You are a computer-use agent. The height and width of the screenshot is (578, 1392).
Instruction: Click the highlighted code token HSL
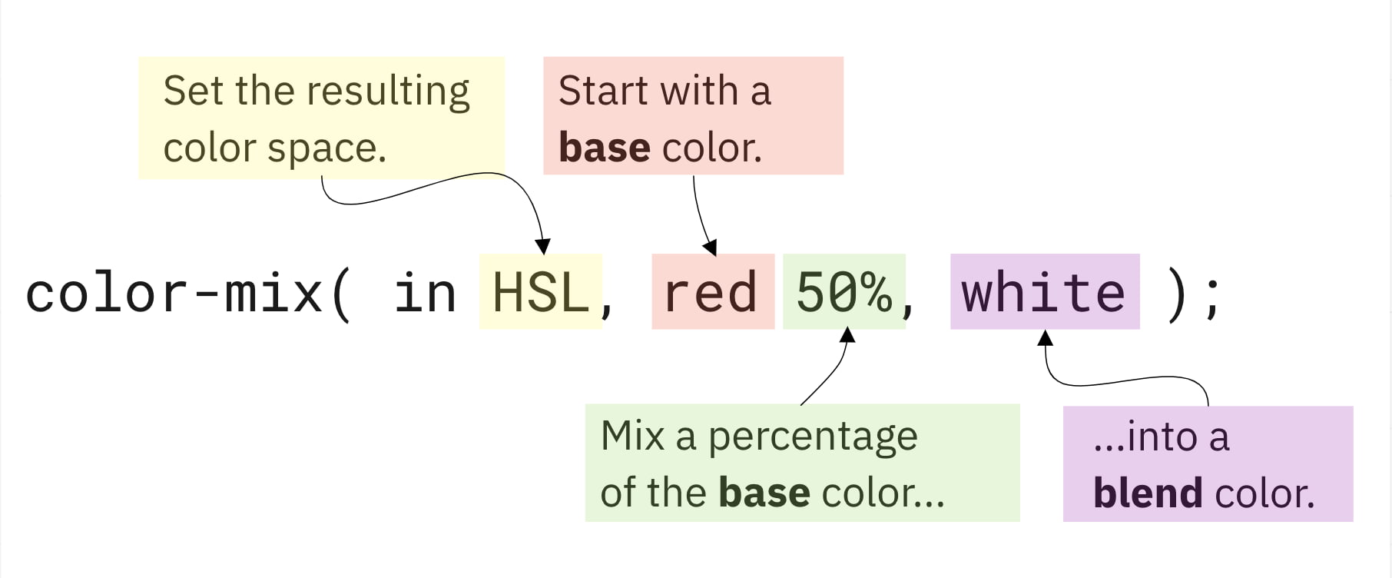[539, 293]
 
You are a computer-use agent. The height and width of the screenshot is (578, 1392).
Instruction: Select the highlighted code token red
[711, 293]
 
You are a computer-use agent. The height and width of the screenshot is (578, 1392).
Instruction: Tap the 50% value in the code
[843, 293]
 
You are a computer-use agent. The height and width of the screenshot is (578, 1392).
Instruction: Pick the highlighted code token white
[1043, 293]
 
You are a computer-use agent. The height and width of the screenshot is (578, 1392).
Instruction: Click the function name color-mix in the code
[174, 293]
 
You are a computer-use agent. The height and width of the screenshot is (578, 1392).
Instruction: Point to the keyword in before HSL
[425, 293]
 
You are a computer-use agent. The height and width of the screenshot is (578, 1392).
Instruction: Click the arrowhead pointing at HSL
[543, 247]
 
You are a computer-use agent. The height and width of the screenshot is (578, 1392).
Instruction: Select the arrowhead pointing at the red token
[711, 247]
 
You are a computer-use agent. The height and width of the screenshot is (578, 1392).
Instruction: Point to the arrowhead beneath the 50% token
[847, 335]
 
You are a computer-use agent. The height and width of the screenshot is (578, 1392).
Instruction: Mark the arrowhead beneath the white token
[1045, 337]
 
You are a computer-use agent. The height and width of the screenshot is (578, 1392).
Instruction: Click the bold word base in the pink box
[604, 148]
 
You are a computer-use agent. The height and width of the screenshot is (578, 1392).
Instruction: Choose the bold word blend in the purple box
[1148, 493]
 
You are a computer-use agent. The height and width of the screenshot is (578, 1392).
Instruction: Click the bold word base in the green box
[764, 493]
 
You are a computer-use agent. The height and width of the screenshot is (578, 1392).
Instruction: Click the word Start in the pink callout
[603, 91]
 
